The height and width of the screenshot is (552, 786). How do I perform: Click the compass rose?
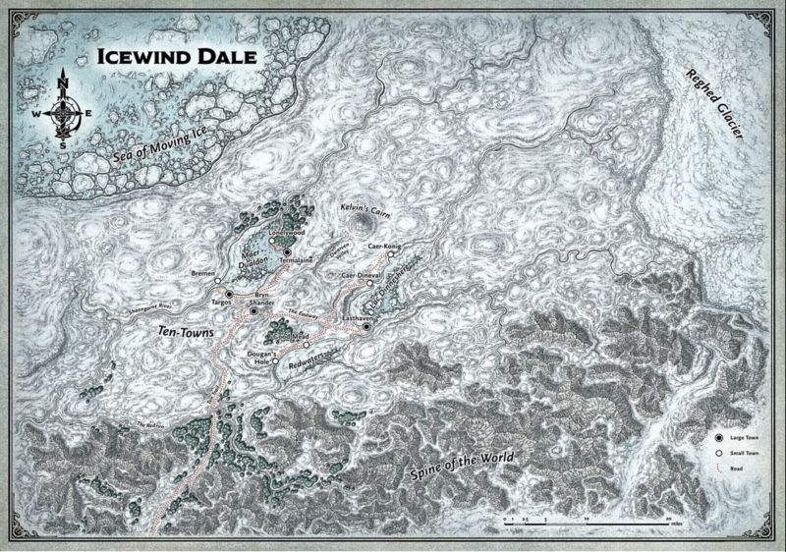pos(66,109)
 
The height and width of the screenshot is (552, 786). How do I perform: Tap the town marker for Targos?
pos(229,294)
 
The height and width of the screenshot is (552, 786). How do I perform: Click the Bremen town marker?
pos(217,281)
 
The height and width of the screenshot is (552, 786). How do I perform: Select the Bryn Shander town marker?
pos(253,310)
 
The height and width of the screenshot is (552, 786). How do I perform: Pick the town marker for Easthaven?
pos(365,327)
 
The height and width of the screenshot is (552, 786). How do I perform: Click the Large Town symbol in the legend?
pos(720,434)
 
